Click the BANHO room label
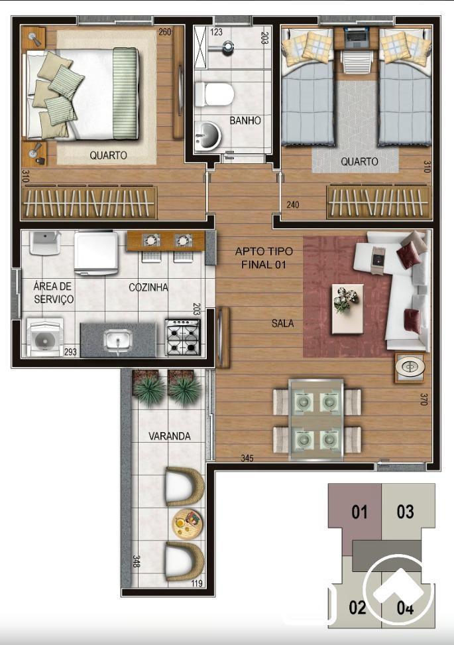click(x=245, y=121)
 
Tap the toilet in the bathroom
click(x=214, y=94)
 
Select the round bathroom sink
click(x=208, y=136)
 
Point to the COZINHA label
click(x=148, y=287)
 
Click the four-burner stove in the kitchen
click(x=183, y=337)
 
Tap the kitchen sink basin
click(x=118, y=340)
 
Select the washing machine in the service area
click(x=45, y=337)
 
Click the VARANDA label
click(x=169, y=436)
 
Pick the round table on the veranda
click(x=188, y=524)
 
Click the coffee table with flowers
click(x=347, y=309)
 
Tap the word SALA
click(x=282, y=324)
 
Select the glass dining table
click(x=316, y=419)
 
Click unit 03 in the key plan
click(x=405, y=512)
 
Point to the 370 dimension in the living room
click(x=424, y=399)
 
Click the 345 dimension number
click(x=247, y=458)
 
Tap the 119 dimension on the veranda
click(x=197, y=583)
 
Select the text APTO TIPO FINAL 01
click(x=264, y=258)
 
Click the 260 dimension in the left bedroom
click(x=165, y=32)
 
